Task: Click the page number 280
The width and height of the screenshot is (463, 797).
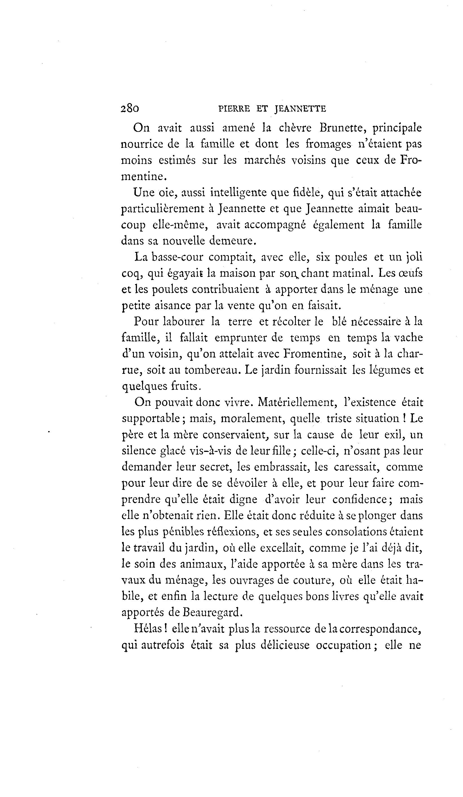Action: (130, 108)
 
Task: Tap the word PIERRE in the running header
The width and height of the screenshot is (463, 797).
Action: (234, 109)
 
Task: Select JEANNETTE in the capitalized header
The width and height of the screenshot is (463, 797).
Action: (300, 109)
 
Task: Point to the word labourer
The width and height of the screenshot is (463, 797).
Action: (184, 322)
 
